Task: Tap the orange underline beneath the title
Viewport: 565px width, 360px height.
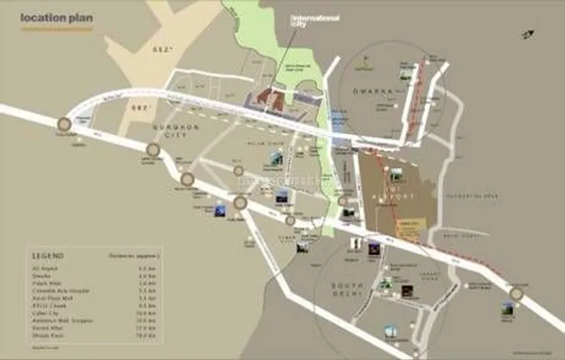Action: pos(55,29)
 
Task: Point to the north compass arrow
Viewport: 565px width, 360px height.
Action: pos(527,34)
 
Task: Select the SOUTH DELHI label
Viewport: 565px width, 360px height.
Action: pos(351,289)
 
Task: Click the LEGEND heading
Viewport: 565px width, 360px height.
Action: pos(47,255)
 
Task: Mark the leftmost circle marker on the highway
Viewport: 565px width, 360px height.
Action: pos(64,124)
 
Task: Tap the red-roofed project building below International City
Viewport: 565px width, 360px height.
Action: pos(269,97)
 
